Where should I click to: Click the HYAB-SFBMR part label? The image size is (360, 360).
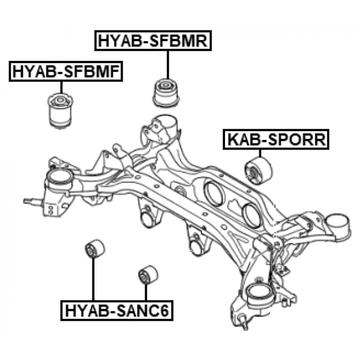click(x=152, y=40)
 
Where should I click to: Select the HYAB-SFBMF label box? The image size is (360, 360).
click(x=65, y=71)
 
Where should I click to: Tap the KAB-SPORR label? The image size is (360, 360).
click(x=276, y=139)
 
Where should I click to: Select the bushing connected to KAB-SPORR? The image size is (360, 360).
click(x=259, y=171)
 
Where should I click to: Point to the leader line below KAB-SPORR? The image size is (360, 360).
click(x=260, y=154)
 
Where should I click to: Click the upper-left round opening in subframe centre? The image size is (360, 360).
click(x=214, y=192)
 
